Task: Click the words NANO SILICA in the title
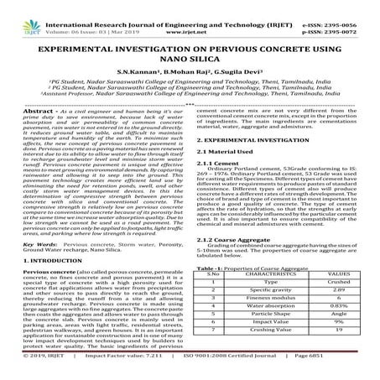190,60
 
